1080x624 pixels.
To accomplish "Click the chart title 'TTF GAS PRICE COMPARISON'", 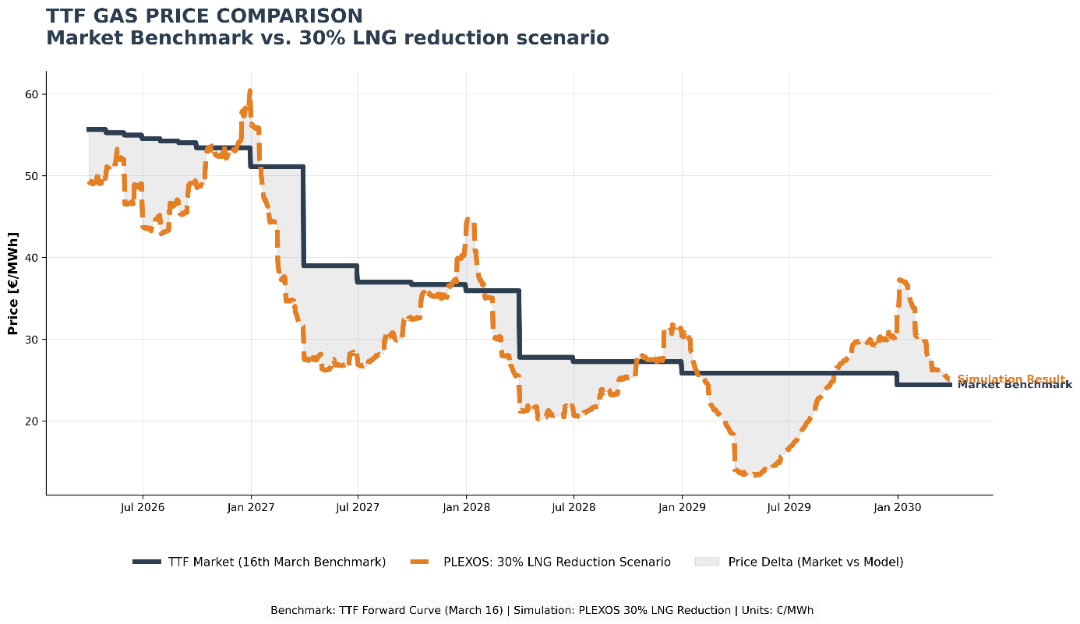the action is [x=204, y=16].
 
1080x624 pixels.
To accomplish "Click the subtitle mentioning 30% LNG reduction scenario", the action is [x=327, y=37].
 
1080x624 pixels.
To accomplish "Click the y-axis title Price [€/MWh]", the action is [x=12, y=283].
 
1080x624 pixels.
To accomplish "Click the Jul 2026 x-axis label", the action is [x=143, y=508].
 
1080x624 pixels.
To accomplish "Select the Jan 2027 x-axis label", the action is [x=251, y=508].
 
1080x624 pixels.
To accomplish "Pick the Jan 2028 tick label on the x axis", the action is [x=466, y=508].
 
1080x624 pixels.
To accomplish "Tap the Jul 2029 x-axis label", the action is [x=789, y=508].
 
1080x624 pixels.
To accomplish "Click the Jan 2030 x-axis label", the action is [x=897, y=508].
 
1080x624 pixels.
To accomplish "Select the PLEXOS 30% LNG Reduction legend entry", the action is [x=556, y=562].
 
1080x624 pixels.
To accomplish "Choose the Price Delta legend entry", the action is [x=815, y=562].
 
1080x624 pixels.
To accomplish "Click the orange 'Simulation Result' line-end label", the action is [x=1011, y=379].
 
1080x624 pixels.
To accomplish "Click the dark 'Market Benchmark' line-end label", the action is [x=1014, y=386].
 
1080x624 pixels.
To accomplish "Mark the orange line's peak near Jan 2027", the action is [x=249, y=91].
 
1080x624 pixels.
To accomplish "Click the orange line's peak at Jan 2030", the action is [x=900, y=280].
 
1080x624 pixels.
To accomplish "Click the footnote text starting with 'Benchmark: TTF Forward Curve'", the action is [x=542, y=611].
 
